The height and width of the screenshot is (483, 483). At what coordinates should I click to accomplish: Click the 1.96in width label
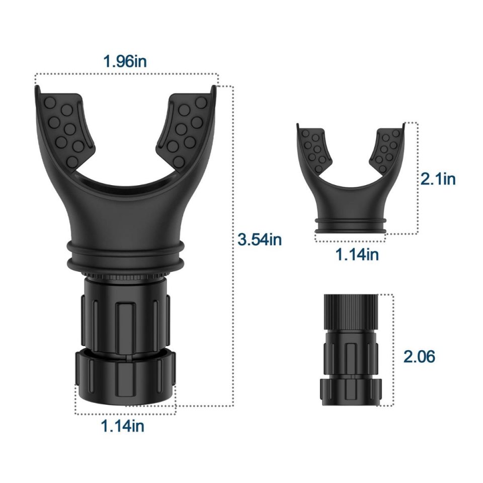125,61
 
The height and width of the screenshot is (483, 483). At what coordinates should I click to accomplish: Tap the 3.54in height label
260,239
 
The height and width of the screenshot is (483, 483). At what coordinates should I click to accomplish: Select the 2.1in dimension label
438,179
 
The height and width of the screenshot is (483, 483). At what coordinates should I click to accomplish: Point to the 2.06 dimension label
419,356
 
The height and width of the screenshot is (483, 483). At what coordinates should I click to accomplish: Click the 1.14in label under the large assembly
123,426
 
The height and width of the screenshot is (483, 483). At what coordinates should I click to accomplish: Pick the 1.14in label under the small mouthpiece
357,255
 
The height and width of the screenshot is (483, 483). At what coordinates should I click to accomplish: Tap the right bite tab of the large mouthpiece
185,129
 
